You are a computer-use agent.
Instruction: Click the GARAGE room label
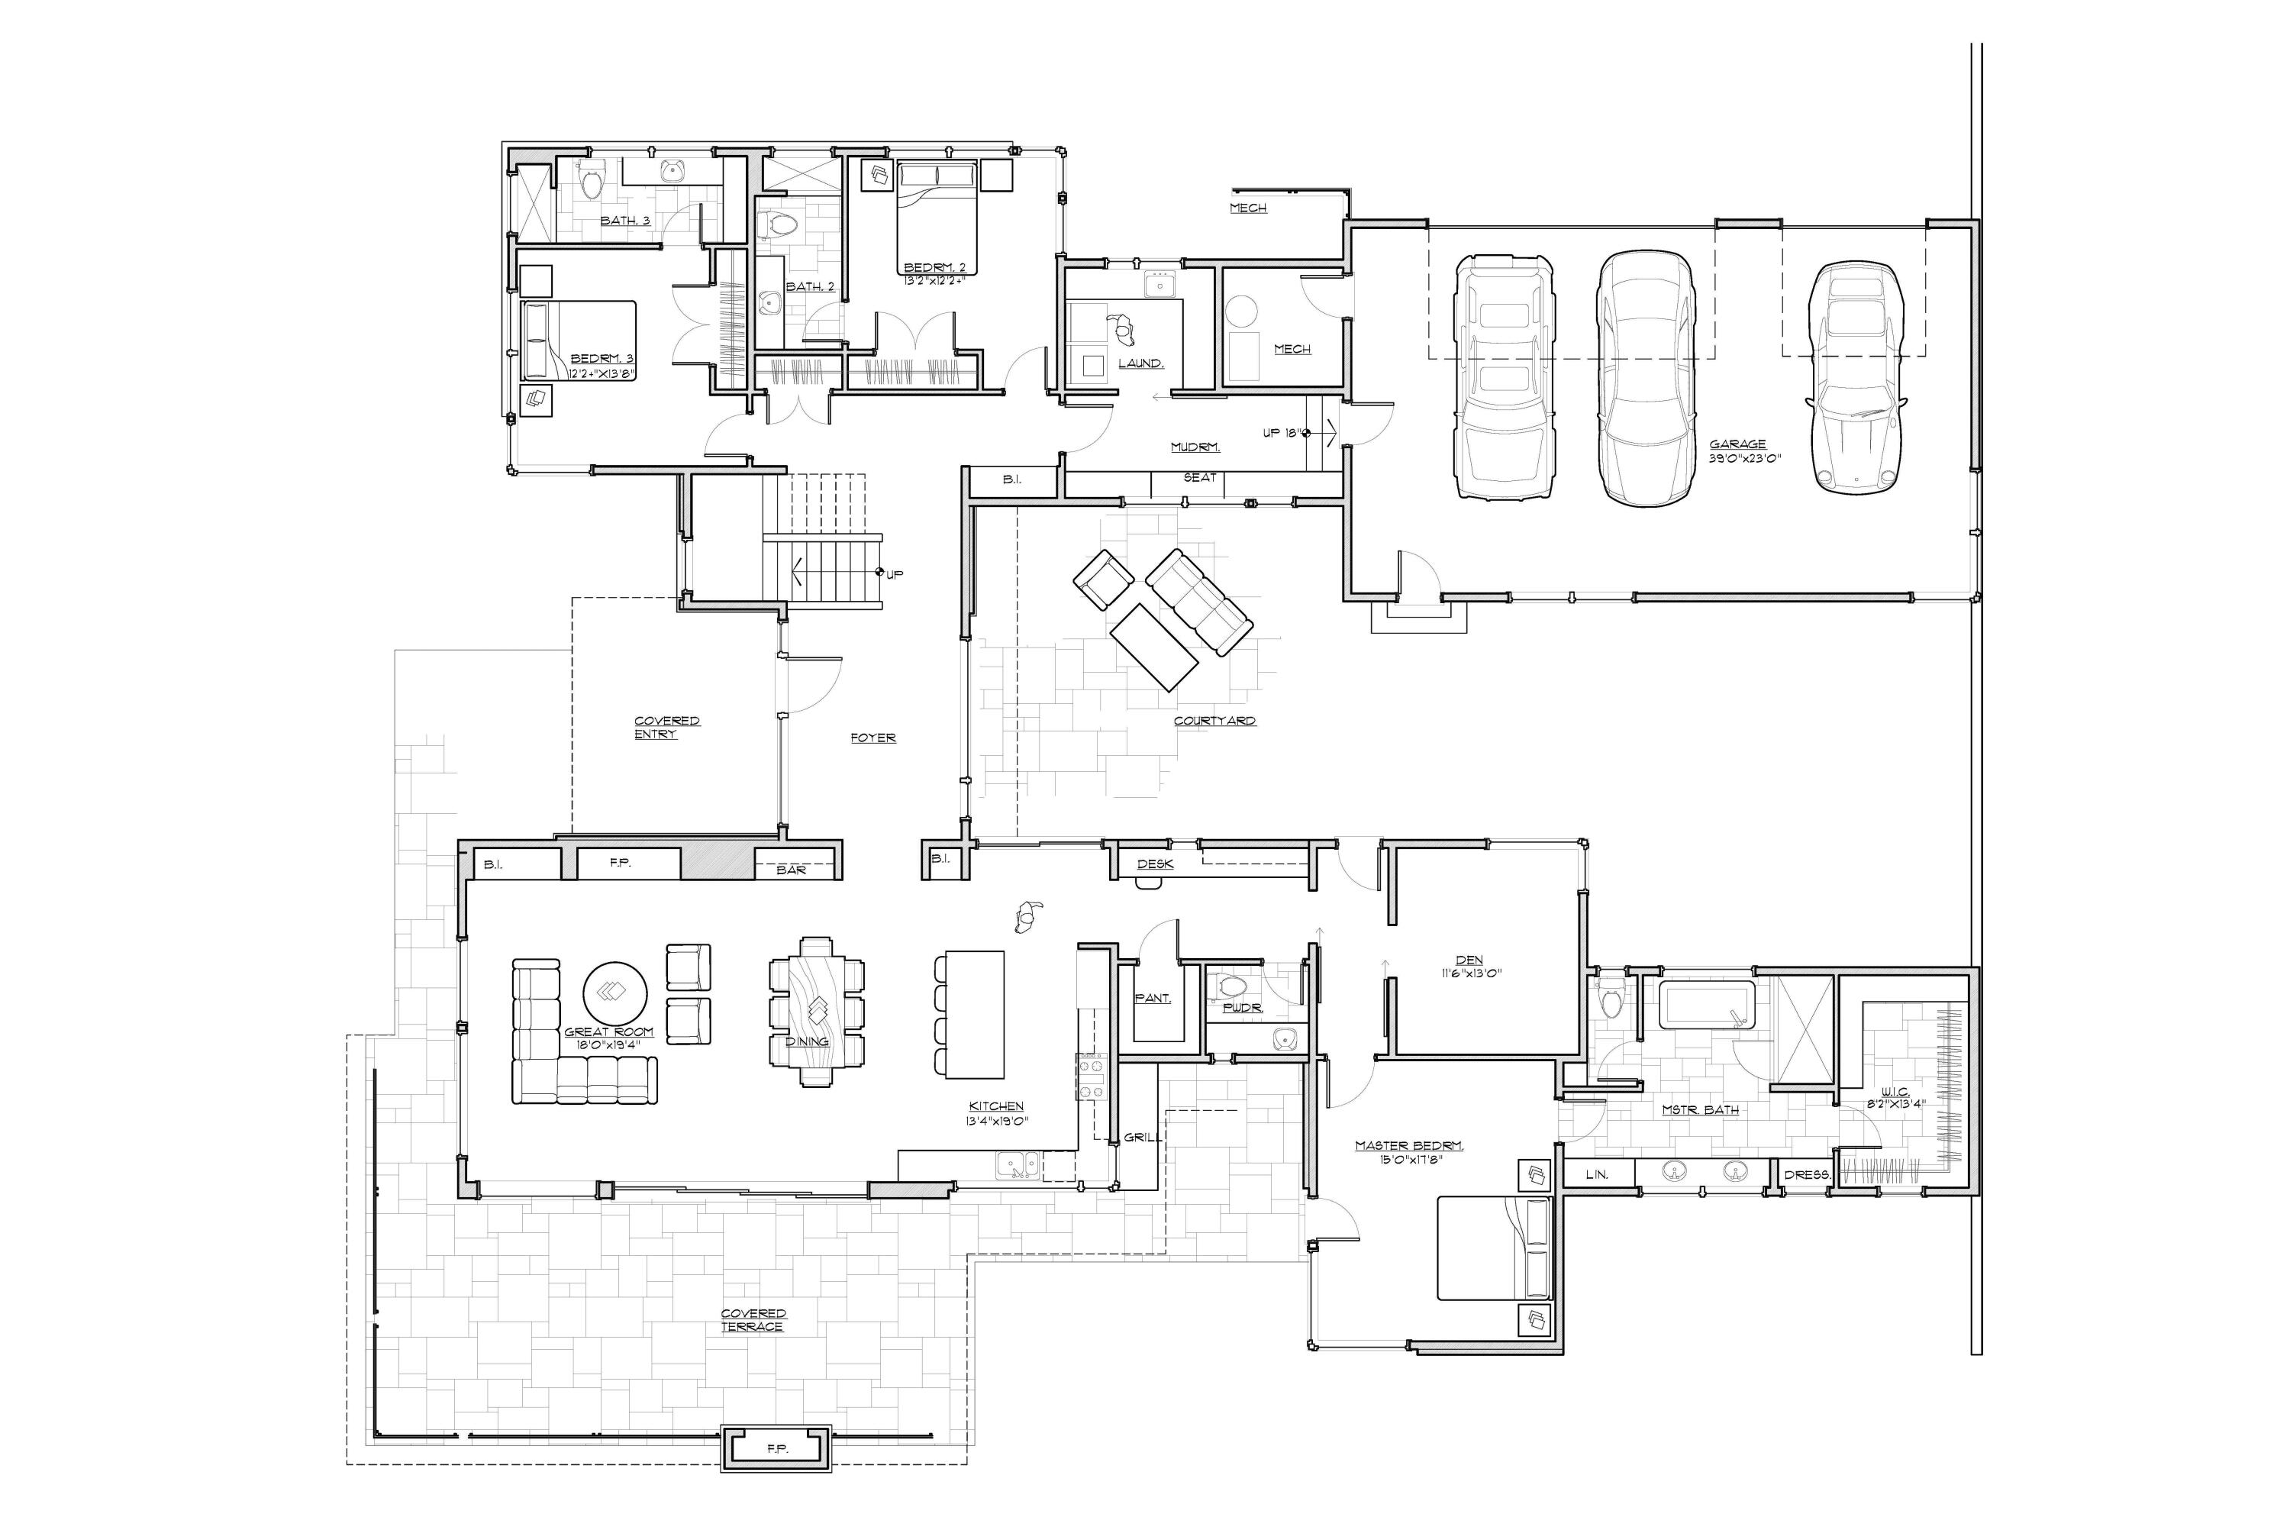pyautogui.click(x=1737, y=444)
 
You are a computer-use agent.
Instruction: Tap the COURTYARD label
pyautogui.click(x=1214, y=721)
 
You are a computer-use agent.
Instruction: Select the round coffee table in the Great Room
pyautogui.click(x=615, y=993)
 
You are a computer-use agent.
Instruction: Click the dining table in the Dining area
pyautogui.click(x=816, y=1010)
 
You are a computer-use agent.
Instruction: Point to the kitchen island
pyautogui.click(x=975, y=1014)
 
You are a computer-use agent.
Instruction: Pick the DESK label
pyautogui.click(x=1155, y=864)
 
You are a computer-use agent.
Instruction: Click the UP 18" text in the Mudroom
pyautogui.click(x=1282, y=432)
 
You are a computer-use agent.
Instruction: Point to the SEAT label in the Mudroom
pyautogui.click(x=1199, y=477)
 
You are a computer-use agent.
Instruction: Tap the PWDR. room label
pyautogui.click(x=1243, y=1008)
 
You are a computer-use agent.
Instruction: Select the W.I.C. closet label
pyautogui.click(x=1895, y=1092)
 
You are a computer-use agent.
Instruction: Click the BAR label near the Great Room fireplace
pyautogui.click(x=791, y=870)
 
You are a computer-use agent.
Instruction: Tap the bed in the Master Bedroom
pyautogui.click(x=1492, y=1248)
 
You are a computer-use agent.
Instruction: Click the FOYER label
pyautogui.click(x=872, y=738)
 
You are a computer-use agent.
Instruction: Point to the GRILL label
pyautogui.click(x=1139, y=1137)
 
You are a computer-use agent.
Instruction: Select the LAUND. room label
pyautogui.click(x=1140, y=363)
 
